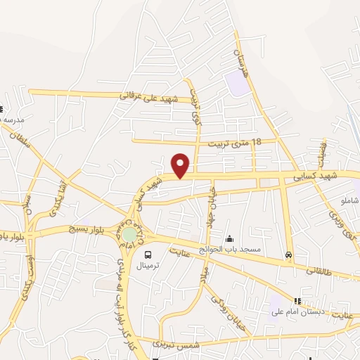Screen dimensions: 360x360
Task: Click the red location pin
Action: point(181,165)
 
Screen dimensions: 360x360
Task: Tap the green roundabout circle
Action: point(130,234)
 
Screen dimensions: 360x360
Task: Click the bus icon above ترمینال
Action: point(148,255)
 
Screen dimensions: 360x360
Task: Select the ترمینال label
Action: point(148,267)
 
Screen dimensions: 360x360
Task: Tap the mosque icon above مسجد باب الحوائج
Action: point(229,239)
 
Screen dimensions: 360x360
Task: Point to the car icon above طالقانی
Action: point(288,255)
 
